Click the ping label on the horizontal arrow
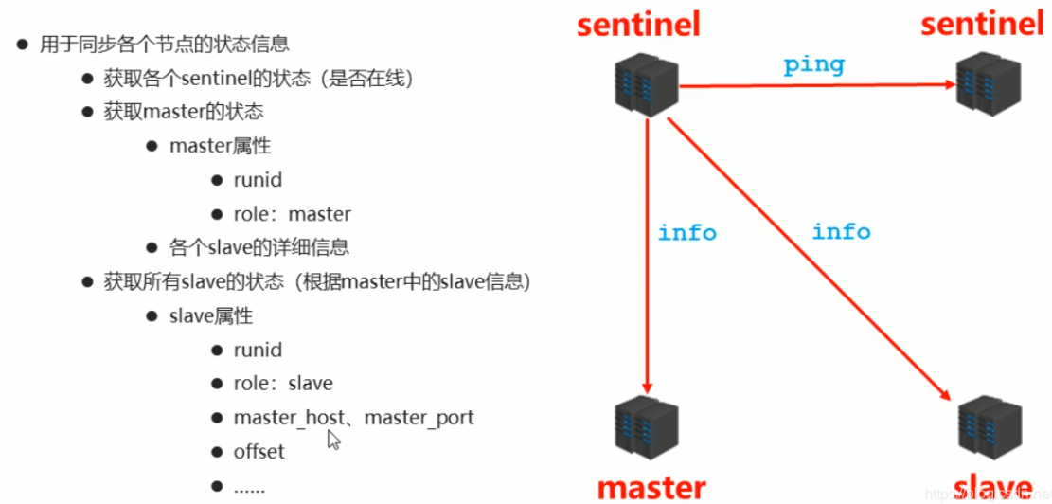(x=813, y=65)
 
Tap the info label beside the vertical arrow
(x=687, y=232)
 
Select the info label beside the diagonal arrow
(x=841, y=230)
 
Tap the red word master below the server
(x=651, y=487)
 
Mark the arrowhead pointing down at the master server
(x=648, y=387)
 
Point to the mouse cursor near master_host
(x=332, y=438)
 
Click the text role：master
(x=293, y=213)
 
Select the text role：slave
(x=283, y=384)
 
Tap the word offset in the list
(x=259, y=452)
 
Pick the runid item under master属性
(x=258, y=180)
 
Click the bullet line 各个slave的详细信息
(x=259, y=247)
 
